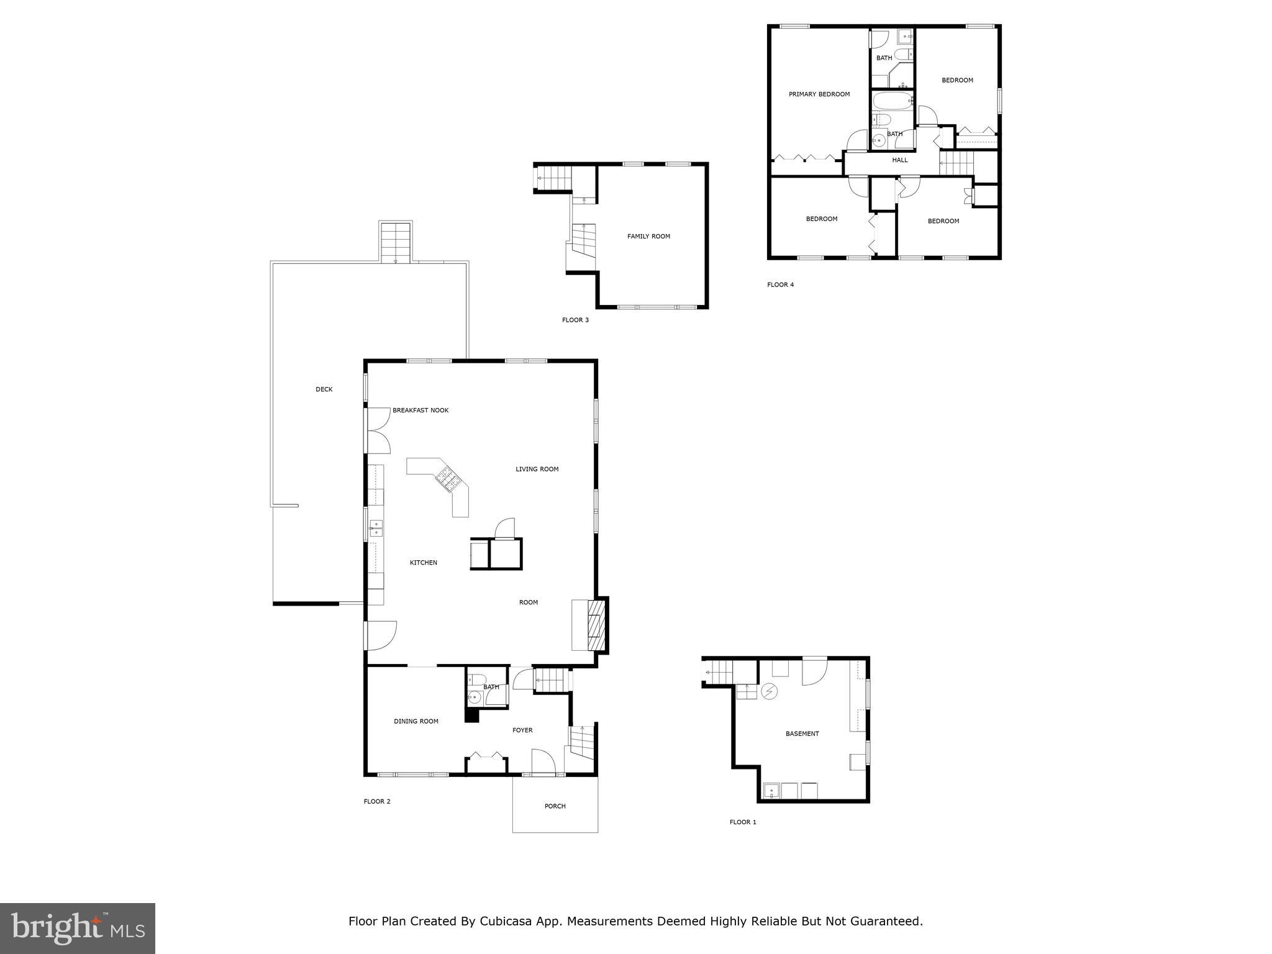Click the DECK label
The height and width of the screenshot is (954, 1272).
tap(324, 389)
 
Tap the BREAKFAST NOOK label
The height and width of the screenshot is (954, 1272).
tap(420, 411)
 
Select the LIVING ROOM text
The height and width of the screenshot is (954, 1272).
tap(537, 469)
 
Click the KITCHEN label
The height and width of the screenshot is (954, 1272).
tap(423, 563)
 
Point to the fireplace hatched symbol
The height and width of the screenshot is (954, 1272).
tap(596, 624)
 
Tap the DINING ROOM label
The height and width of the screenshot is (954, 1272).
tap(416, 721)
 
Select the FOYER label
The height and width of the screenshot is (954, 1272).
tap(522, 730)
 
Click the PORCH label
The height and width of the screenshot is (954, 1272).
tap(555, 806)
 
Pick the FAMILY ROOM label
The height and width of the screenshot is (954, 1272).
tap(648, 236)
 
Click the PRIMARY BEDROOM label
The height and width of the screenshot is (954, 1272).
tap(819, 94)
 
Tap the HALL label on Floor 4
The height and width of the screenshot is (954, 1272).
tap(900, 160)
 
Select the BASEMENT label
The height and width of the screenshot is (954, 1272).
tap(802, 734)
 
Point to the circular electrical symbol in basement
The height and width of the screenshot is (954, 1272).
tap(769, 691)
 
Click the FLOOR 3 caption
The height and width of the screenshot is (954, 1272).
tap(575, 320)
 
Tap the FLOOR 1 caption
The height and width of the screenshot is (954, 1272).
tap(743, 822)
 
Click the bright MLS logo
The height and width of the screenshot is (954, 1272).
tap(78, 928)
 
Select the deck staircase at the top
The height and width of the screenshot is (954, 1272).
tap(396, 242)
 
